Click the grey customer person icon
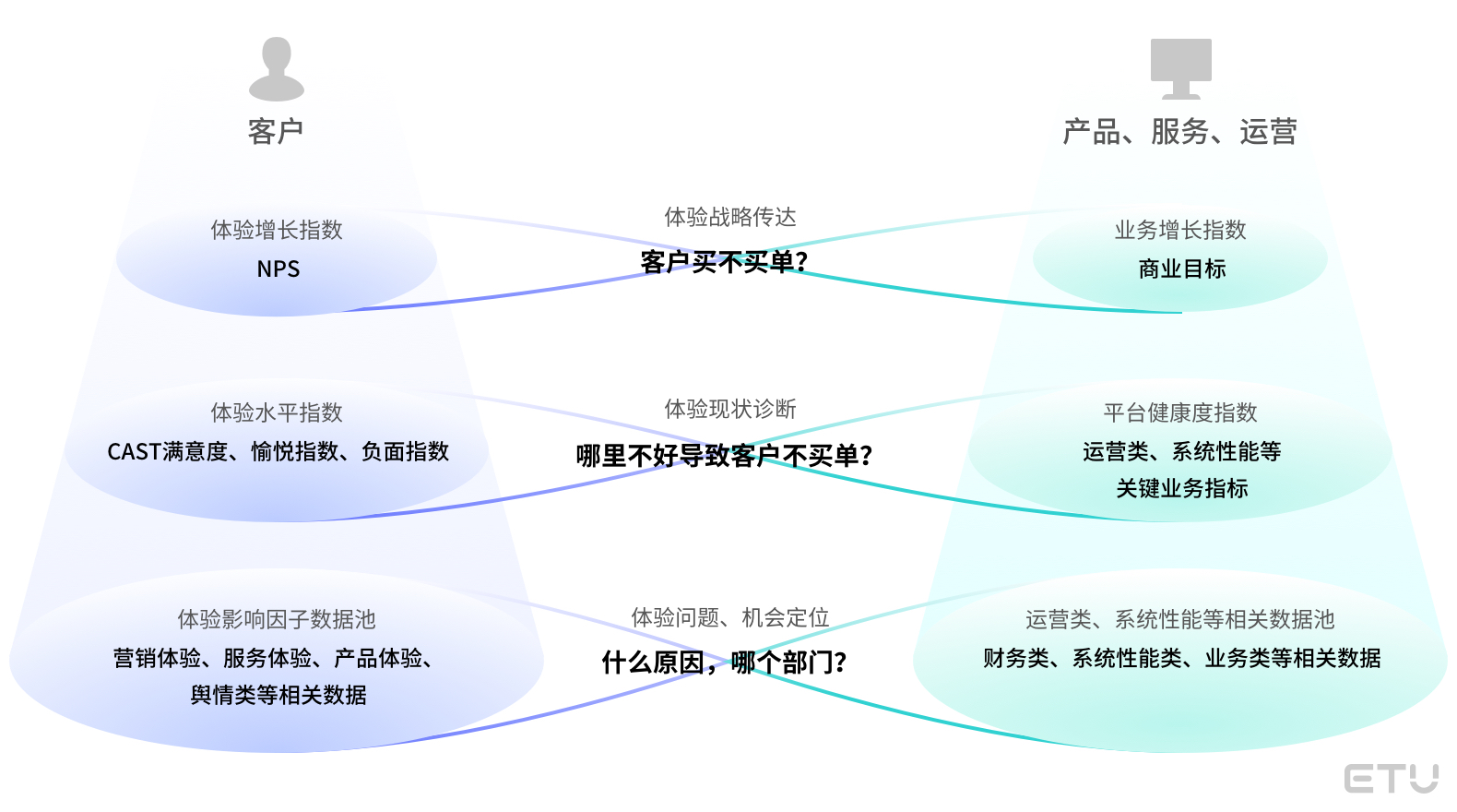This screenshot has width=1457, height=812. [276, 69]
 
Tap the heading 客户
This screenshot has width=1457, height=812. [276, 132]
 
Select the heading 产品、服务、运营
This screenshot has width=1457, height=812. [1180, 132]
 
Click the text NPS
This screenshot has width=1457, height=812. [278, 269]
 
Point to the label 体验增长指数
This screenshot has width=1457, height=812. [277, 230]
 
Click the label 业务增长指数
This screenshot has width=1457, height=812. [1180, 230]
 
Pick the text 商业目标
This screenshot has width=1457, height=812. [1181, 269]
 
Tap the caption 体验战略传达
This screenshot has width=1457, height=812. [729, 217]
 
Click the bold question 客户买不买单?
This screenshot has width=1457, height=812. [724, 262]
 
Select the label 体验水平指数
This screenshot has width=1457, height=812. [277, 412]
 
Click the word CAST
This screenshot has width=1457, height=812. [135, 452]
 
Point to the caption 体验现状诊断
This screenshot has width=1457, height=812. [729, 409]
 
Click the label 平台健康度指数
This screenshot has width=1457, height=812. [1180, 412]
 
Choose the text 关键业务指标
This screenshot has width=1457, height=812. [1181, 488]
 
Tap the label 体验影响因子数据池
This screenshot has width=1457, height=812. [277, 619]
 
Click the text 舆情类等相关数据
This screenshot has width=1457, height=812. [278, 695]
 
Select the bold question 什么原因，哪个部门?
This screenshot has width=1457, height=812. [724, 663]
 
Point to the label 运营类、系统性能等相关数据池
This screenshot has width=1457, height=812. [1180, 619]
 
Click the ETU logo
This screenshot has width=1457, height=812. [1391, 778]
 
